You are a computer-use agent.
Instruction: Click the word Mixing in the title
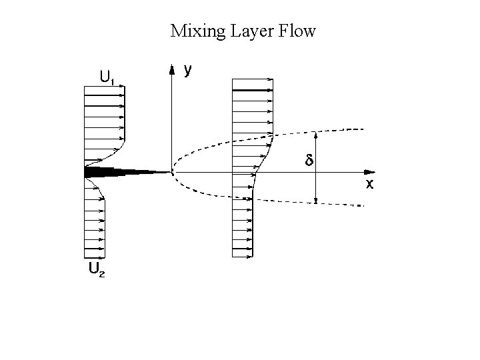(x=193, y=31)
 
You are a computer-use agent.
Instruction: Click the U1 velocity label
(x=107, y=77)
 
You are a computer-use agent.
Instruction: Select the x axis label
(x=369, y=185)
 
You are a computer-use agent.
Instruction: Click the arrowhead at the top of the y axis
(x=172, y=68)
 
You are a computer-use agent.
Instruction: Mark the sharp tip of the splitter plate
(x=171, y=172)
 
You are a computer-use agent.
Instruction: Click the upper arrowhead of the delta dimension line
(x=316, y=134)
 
